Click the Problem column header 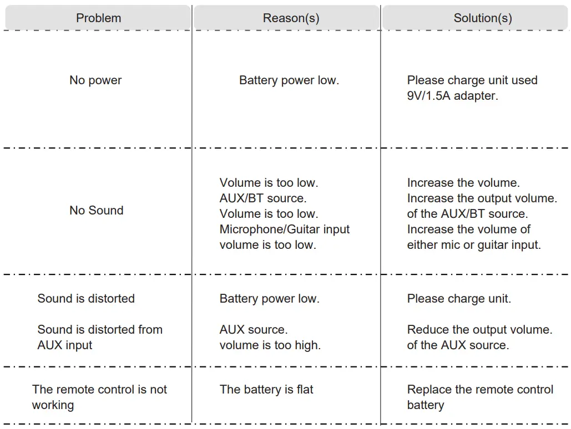tap(98, 18)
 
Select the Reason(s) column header tap(291, 18)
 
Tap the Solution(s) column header tap(482, 18)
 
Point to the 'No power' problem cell tap(95, 80)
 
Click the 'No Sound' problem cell tap(97, 211)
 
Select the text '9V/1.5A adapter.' tap(452, 96)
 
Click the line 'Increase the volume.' tap(463, 183)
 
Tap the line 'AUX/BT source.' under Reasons tap(262, 198)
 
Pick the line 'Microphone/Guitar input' tap(285, 229)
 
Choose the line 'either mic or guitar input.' tap(474, 245)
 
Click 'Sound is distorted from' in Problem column tap(100, 330)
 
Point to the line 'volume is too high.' tap(270, 345)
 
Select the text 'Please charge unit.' tap(459, 299)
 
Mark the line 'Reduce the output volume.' tap(479, 330)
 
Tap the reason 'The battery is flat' tap(266, 390)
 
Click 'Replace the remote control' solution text tap(480, 390)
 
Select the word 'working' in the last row tap(53, 405)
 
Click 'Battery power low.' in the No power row tap(289, 80)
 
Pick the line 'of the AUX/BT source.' tap(467, 214)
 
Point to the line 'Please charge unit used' tap(472, 80)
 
